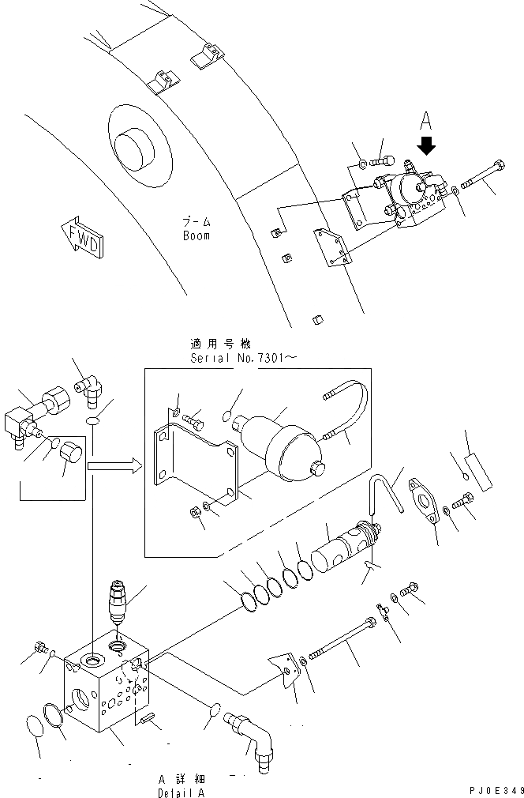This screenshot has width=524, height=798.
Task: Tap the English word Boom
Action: tap(196, 236)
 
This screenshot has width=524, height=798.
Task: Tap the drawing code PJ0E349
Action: tap(494, 789)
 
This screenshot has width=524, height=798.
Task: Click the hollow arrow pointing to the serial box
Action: tap(114, 468)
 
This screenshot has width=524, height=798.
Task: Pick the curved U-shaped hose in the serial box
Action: tap(347, 411)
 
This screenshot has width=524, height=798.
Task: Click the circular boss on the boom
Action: tap(139, 151)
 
